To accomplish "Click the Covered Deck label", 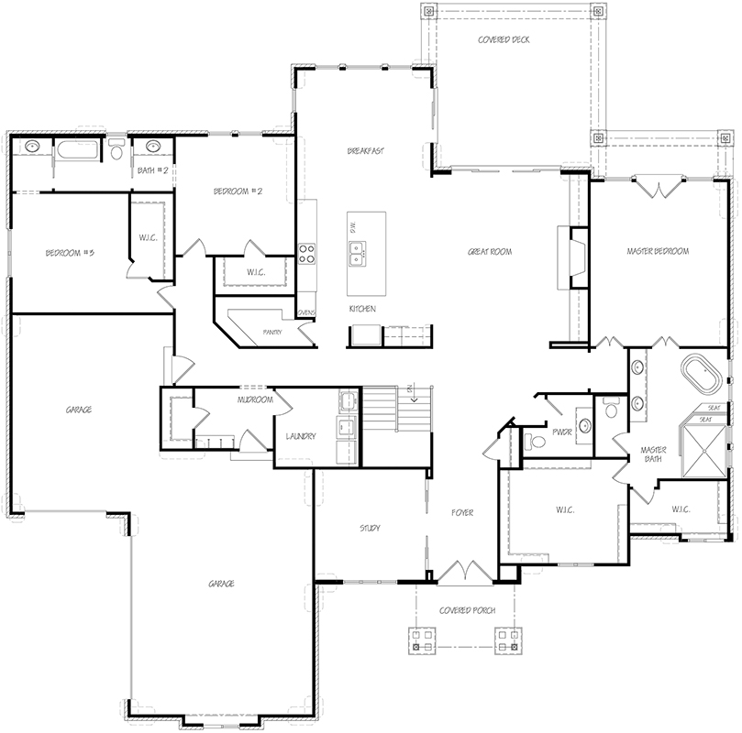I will point(504,40).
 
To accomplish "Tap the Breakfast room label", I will point(364,150).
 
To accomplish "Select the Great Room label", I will point(489,252).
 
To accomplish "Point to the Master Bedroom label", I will point(657,251).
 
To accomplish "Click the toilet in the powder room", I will point(537,442).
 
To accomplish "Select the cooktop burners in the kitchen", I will point(306,253).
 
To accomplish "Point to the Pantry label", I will point(271,332).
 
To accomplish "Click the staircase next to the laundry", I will point(397,410).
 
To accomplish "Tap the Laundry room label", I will point(301,436).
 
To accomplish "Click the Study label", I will point(370,529).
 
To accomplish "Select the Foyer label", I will point(461,513).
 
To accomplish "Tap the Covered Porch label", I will point(468,610).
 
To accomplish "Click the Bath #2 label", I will point(152,170).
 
